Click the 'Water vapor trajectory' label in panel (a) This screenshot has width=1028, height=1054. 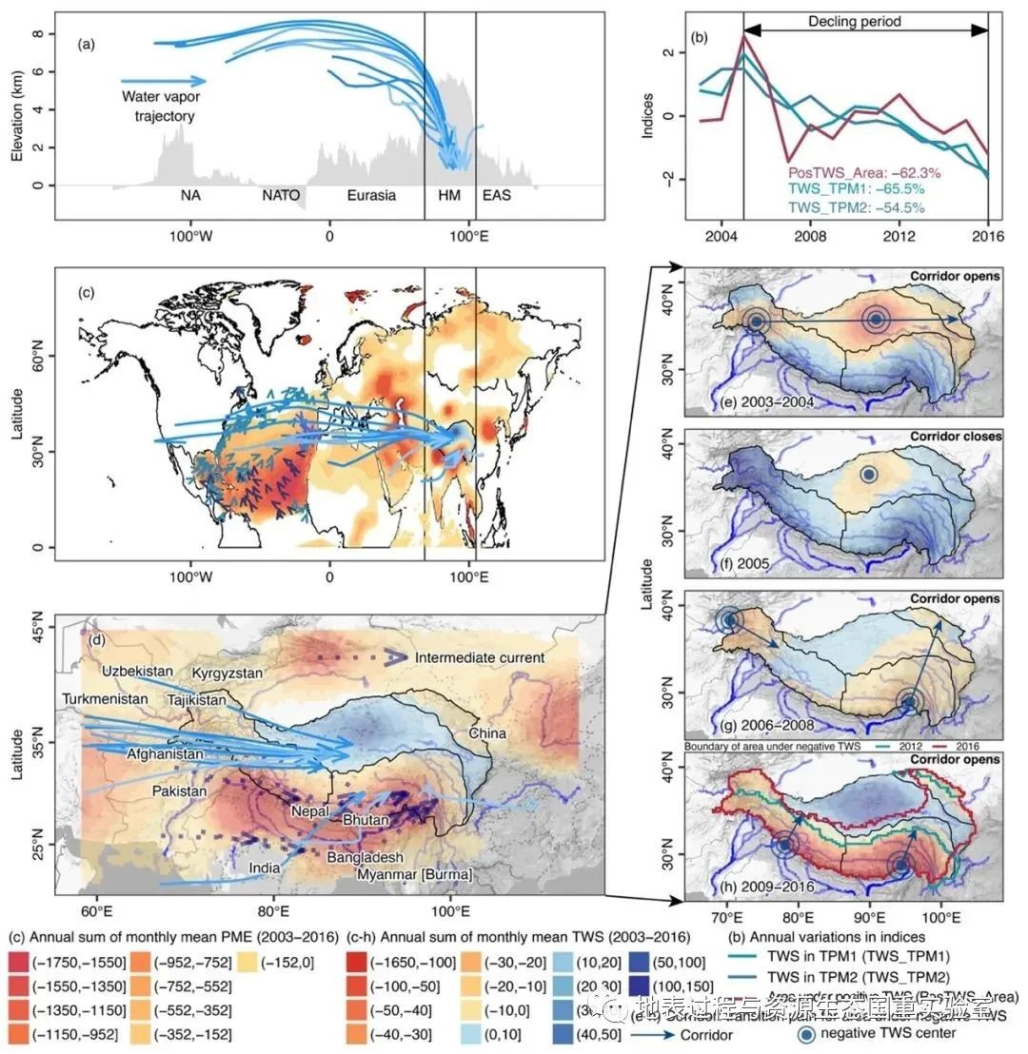tap(158, 107)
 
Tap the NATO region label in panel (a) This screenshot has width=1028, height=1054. tap(282, 198)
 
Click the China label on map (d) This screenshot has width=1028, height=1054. tap(485, 733)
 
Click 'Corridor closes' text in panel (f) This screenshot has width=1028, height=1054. tap(953, 437)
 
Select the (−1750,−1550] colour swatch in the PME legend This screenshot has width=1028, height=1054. tap(20, 958)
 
